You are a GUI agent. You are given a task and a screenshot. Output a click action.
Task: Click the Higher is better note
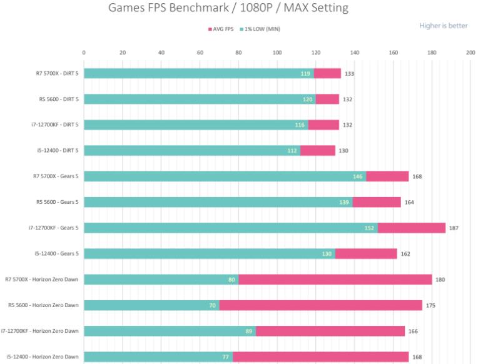(443, 26)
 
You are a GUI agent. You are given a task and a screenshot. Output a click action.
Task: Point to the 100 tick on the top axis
(277, 53)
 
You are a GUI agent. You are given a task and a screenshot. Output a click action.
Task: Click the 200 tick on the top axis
(470, 53)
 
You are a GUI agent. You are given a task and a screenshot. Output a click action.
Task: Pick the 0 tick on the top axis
(84, 53)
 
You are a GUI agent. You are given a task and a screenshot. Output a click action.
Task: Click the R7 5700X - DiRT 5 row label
(57, 73)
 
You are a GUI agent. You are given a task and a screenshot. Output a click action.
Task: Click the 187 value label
(454, 228)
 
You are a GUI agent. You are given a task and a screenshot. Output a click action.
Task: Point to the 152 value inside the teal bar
(369, 228)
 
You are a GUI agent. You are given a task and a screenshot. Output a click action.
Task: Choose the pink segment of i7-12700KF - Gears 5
(411, 228)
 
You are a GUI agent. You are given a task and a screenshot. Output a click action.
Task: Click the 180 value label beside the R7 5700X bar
(440, 280)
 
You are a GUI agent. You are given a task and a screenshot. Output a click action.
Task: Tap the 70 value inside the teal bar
(213, 305)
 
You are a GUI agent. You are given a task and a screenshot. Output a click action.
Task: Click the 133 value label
(349, 73)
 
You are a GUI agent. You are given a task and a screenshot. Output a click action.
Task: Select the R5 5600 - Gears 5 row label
(59, 202)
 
